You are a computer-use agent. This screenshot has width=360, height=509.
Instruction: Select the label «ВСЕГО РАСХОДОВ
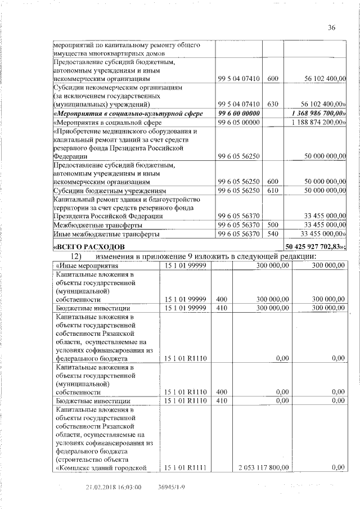click(x=88, y=247)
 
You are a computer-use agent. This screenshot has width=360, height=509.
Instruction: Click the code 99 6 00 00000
click(x=238, y=114)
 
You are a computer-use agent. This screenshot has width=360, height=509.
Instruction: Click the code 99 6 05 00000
click(x=238, y=122)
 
